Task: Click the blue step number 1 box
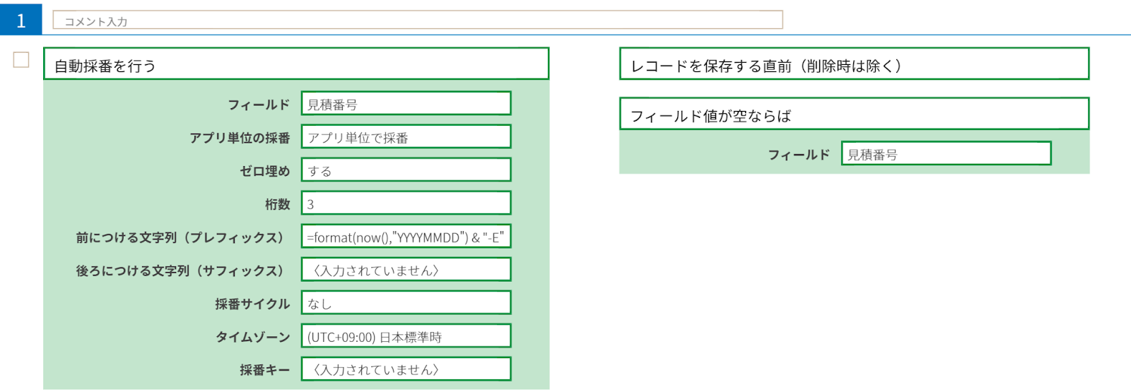[20, 20]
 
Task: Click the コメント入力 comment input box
[417, 20]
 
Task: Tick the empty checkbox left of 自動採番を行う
[21, 60]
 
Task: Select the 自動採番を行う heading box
[295, 64]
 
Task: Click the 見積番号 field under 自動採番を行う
[406, 104]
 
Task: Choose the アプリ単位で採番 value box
[406, 137]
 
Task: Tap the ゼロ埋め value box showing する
[406, 170]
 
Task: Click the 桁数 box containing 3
[406, 203]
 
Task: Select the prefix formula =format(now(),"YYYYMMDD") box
[406, 237]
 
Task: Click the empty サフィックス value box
[406, 270]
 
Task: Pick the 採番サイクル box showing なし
[406, 303]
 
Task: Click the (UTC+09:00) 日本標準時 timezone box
[406, 336]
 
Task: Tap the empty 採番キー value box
[406, 369]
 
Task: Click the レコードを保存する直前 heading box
[854, 64]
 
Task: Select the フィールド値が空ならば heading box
[854, 114]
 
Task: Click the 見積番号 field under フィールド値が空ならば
[946, 154]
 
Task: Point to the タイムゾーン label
[252, 337]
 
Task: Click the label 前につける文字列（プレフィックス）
[180, 237]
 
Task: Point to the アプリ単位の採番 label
[240, 138]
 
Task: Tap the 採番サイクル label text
[252, 304]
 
